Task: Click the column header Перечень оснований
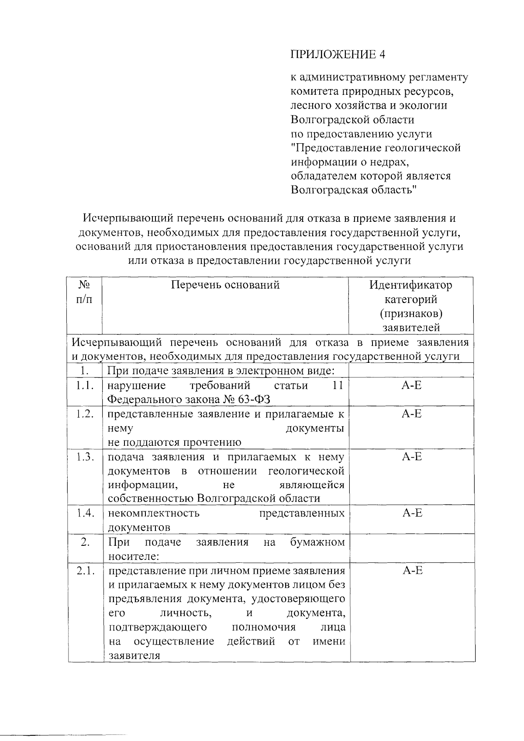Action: click(x=225, y=285)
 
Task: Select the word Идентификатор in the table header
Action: click(x=410, y=285)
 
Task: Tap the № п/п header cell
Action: click(x=84, y=292)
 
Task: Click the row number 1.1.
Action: click(x=85, y=386)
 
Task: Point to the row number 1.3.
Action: click(x=85, y=457)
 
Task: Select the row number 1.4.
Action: click(x=85, y=513)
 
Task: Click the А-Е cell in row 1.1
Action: click(x=412, y=386)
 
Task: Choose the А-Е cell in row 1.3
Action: click(x=412, y=457)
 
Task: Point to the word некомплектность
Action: click(x=154, y=513)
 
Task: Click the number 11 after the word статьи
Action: click(x=338, y=386)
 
